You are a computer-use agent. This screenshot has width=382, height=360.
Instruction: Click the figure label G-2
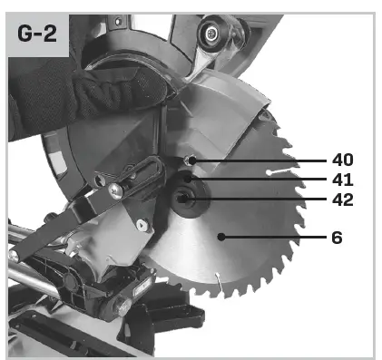point(38,35)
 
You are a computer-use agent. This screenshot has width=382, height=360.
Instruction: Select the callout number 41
point(342,180)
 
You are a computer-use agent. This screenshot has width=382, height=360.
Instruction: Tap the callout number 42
point(342,199)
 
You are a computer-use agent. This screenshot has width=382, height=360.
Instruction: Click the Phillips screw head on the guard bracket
point(117,190)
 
